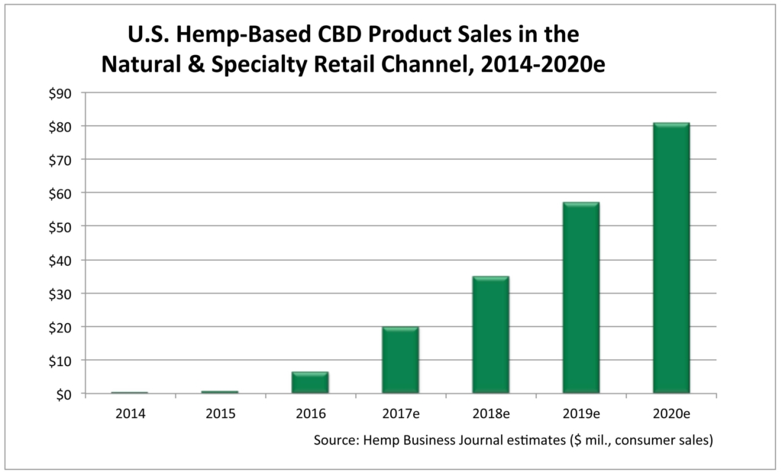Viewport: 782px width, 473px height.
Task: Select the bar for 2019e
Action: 580,298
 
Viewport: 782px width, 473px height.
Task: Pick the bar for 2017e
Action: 400,360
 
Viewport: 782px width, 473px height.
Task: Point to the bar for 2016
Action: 310,382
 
